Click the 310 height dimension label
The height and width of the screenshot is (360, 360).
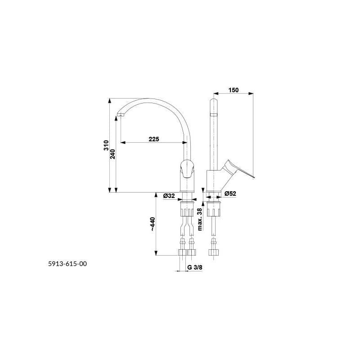(106, 145)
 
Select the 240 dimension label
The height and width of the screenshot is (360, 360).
(112, 154)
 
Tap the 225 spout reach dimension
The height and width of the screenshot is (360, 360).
(154, 139)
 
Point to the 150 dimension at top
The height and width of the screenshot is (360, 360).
(234, 90)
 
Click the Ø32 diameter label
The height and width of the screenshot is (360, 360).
(169, 196)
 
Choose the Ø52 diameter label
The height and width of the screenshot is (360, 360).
(230, 193)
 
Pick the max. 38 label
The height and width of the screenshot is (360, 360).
(200, 219)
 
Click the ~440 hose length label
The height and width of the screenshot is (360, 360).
(153, 224)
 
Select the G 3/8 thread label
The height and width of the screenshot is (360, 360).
(195, 267)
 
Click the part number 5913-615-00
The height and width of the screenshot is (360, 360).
(67, 264)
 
